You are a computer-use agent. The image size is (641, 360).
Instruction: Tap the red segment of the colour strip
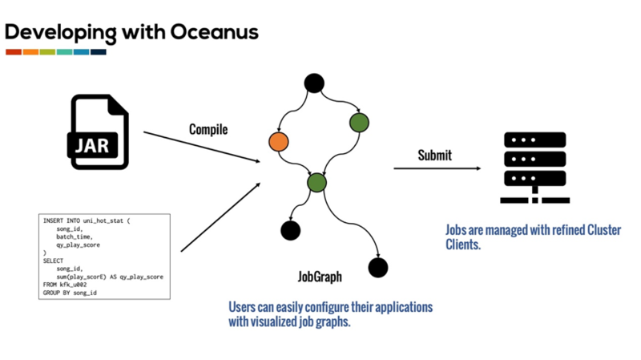coord(14,52)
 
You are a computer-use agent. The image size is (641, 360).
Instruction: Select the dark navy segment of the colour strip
coord(99,52)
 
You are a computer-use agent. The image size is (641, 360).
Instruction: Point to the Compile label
coord(208,129)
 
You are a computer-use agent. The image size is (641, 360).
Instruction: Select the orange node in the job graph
coord(279,142)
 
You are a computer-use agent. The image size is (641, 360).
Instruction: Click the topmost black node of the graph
coord(314,83)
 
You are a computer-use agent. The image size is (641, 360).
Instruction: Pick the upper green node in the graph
coord(359,122)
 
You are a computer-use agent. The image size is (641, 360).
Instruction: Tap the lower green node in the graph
coord(317,182)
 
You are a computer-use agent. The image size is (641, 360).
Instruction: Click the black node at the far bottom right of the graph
coord(377,268)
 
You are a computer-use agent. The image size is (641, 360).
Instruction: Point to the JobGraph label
coord(320,277)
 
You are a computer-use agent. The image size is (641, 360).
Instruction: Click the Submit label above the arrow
coord(435,155)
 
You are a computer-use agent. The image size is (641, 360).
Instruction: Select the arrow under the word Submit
coord(437,168)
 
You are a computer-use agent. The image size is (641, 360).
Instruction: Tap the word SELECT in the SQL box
coord(54,260)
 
